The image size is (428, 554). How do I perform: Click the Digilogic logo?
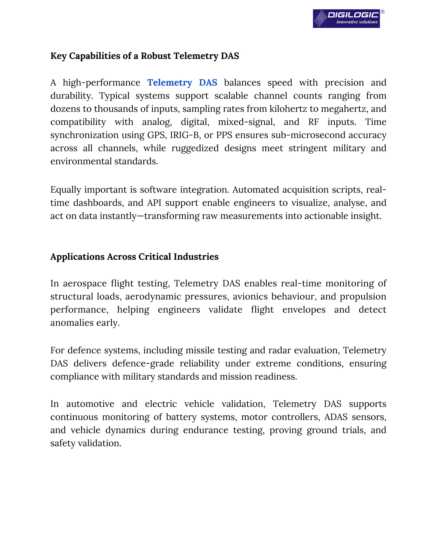[346, 19]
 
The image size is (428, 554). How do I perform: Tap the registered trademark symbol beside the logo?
[383, 12]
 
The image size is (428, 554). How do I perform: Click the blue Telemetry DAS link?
[182, 83]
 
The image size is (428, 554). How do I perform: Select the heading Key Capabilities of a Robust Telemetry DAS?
[145, 56]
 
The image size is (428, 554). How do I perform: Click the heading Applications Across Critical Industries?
[134, 257]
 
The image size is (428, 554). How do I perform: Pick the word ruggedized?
[195, 148]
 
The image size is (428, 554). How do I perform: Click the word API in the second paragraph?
[154, 203]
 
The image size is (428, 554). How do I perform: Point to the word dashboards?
[98, 203]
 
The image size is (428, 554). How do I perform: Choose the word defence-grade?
[143, 364]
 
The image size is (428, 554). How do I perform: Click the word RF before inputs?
[313, 122]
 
